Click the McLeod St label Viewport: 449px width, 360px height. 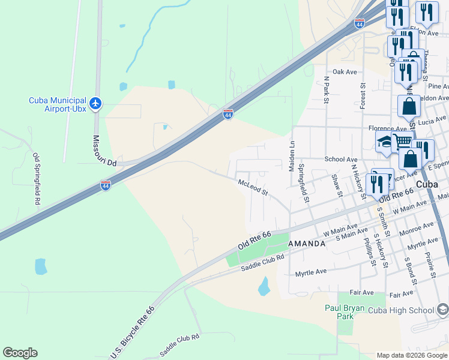coord(252,188)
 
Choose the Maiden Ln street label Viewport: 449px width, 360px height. coord(293,152)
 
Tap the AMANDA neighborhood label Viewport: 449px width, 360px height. coord(307,244)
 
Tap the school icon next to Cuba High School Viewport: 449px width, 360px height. coord(442,310)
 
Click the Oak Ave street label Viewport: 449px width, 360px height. coord(345,72)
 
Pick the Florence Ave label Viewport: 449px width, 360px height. coord(388,128)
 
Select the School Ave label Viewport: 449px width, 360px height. coord(341,160)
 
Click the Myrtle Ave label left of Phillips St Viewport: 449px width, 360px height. coord(311,272)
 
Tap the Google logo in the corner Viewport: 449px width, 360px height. coord(20,353)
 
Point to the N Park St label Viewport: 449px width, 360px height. coord(326,91)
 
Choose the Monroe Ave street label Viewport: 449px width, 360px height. coord(416,228)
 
